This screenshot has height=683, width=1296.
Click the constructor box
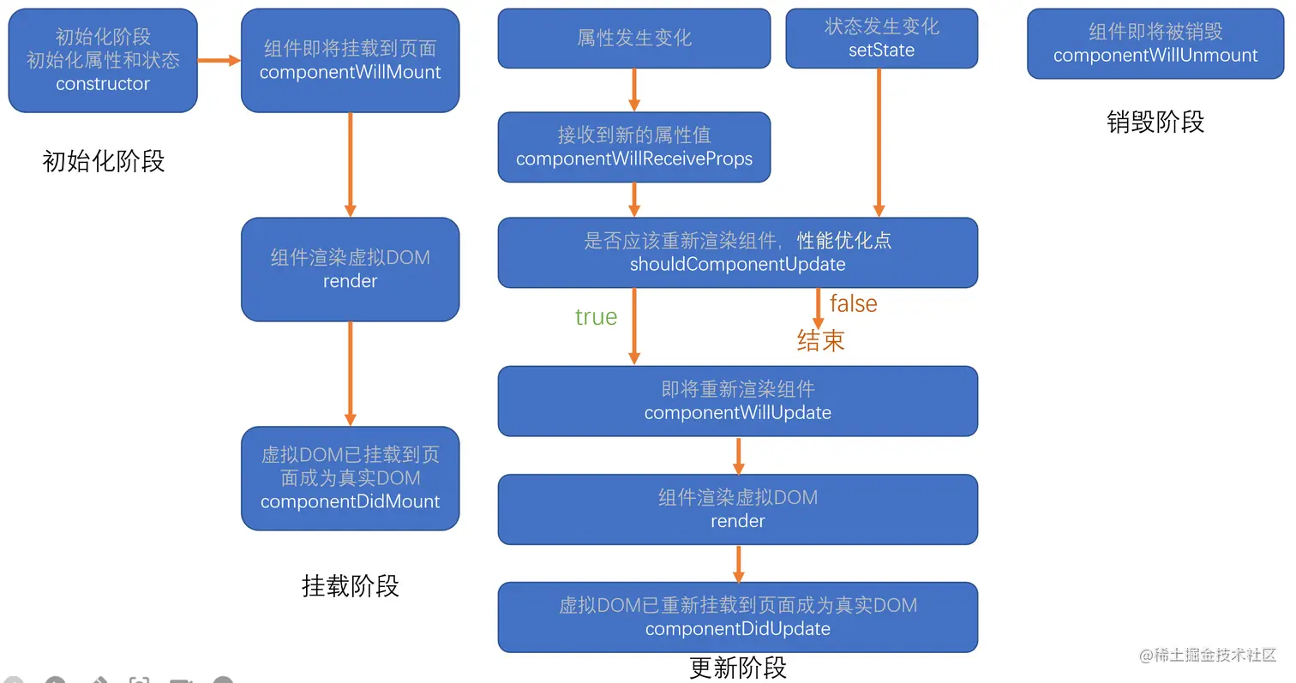point(103,61)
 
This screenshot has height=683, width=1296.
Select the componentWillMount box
point(350,61)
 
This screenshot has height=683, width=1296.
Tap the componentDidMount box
point(350,478)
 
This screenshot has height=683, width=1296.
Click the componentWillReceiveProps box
point(634,147)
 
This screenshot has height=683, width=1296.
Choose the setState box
point(881,39)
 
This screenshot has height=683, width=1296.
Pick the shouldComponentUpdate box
point(737,253)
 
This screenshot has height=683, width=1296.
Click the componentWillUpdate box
point(737,401)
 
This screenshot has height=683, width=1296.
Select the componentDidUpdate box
point(737,617)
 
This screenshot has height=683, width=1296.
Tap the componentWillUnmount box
point(1155,44)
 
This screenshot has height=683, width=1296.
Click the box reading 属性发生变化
point(634,39)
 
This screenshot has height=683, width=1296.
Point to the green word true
point(596,317)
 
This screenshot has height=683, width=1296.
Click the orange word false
point(853,303)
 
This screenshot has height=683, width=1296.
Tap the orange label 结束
point(820,341)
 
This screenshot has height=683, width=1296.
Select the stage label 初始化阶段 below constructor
point(103,161)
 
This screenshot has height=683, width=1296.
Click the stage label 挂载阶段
point(350,586)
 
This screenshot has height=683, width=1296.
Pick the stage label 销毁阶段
point(1155,123)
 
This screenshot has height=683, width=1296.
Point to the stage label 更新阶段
point(737,668)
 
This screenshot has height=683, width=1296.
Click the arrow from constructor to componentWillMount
point(219,61)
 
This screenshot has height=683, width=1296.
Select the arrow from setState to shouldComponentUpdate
point(879,141)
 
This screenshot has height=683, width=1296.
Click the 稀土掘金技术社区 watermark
point(1208,656)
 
